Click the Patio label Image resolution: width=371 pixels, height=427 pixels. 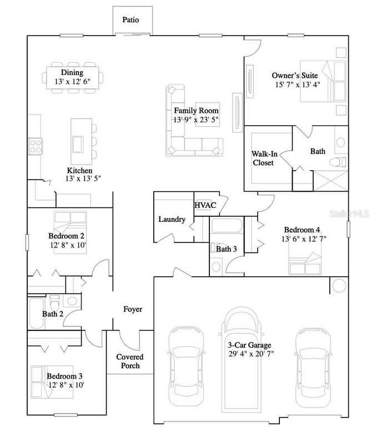[x=131, y=20]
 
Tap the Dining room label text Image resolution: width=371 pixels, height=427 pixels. [x=72, y=72]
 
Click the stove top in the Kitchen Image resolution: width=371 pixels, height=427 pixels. [x=36, y=146]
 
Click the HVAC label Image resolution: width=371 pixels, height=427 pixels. [x=205, y=205]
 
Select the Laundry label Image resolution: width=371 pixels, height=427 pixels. [x=172, y=219]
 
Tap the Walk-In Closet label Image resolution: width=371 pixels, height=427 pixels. [x=263, y=158]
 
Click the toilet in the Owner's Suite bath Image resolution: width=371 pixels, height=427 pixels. [x=337, y=162]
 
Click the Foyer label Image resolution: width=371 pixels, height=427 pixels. [x=132, y=309]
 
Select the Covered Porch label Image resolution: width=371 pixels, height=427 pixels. [x=129, y=361]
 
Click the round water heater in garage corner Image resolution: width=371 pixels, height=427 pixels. [x=338, y=286]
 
